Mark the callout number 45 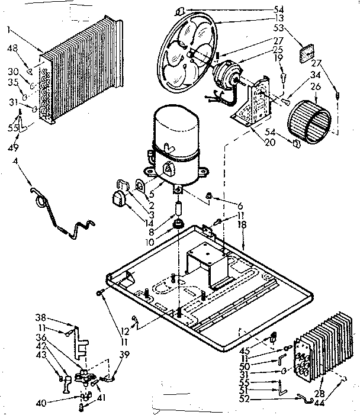click(x=244, y=342)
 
